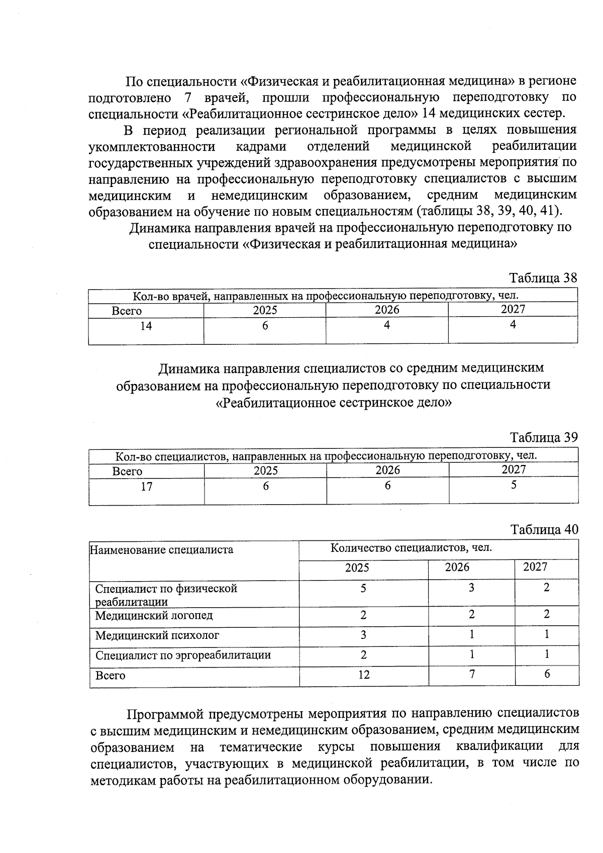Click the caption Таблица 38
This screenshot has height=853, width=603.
pos(543,278)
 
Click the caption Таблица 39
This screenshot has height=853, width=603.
pos(544,437)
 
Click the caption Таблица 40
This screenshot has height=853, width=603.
pos(544,529)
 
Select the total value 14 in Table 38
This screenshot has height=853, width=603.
pos(146,326)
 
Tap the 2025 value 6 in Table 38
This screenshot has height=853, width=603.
pos(265,326)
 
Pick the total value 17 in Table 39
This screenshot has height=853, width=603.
pos(146,487)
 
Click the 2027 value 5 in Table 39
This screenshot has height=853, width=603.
pos(514,486)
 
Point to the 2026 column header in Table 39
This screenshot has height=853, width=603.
pos(387,470)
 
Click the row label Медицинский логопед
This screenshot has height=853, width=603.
pos(154,615)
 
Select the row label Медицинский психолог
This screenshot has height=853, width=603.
pos(157,635)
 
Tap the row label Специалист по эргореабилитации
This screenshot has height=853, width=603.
pos(183,655)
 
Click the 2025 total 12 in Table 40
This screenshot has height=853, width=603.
pos(364,675)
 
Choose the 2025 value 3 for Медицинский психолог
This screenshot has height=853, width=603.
pos(363,635)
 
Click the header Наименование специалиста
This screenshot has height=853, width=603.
pos(161,549)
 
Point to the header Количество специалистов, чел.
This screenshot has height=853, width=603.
pos(411,548)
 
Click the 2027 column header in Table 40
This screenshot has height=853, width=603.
pos(535,567)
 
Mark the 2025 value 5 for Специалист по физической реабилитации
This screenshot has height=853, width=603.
pos(363,588)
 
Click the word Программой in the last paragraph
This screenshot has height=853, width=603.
pos(164,714)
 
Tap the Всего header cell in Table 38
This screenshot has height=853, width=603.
pos(127,311)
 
